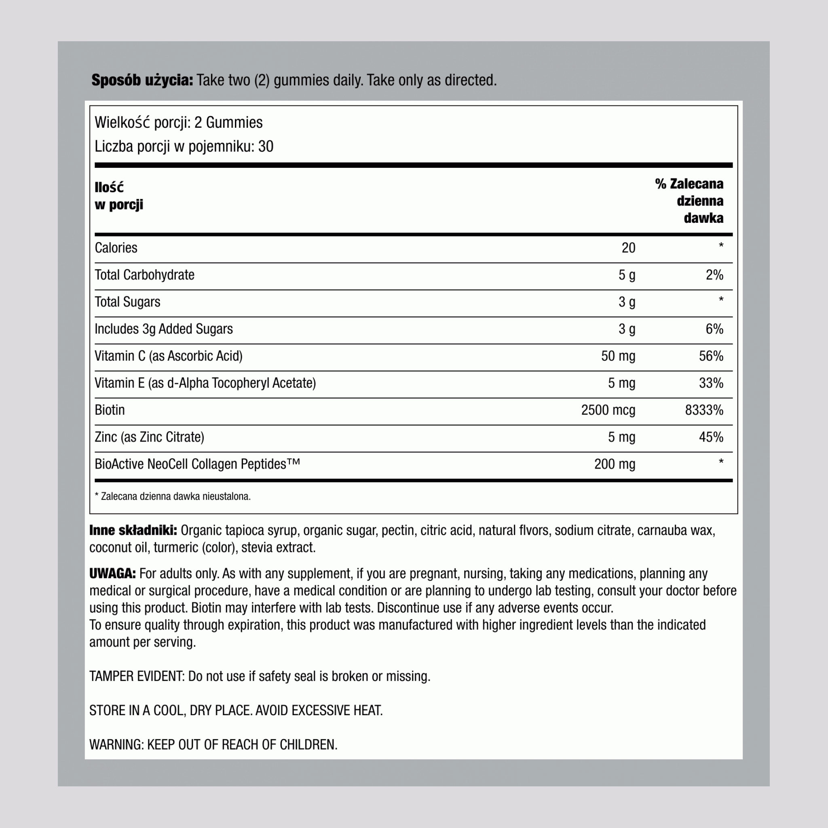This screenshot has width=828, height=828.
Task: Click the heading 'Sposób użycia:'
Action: (142, 80)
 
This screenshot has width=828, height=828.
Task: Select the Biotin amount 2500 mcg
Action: (608, 410)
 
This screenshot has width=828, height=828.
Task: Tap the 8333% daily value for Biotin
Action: (704, 410)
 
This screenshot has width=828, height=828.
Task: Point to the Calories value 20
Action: (628, 248)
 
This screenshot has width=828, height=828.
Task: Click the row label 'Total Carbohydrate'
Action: (144, 275)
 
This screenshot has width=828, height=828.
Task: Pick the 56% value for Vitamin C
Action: (711, 356)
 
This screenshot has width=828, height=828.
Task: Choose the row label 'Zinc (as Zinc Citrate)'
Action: (149, 437)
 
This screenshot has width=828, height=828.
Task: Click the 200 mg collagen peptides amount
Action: (614, 464)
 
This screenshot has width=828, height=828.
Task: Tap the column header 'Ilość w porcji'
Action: (119, 196)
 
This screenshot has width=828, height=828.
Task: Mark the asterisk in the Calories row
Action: (721, 246)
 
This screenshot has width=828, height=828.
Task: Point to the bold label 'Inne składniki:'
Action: (133, 530)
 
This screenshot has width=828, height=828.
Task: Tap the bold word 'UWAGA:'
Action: (112, 573)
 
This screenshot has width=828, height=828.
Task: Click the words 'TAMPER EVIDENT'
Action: (137, 676)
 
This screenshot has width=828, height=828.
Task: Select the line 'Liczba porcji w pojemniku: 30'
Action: (184, 147)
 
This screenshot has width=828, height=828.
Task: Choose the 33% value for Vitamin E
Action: (711, 383)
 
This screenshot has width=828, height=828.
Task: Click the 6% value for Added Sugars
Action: (714, 329)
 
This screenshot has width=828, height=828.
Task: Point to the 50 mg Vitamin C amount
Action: (618, 356)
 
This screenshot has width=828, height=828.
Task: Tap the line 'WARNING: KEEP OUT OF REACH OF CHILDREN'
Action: (213, 745)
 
